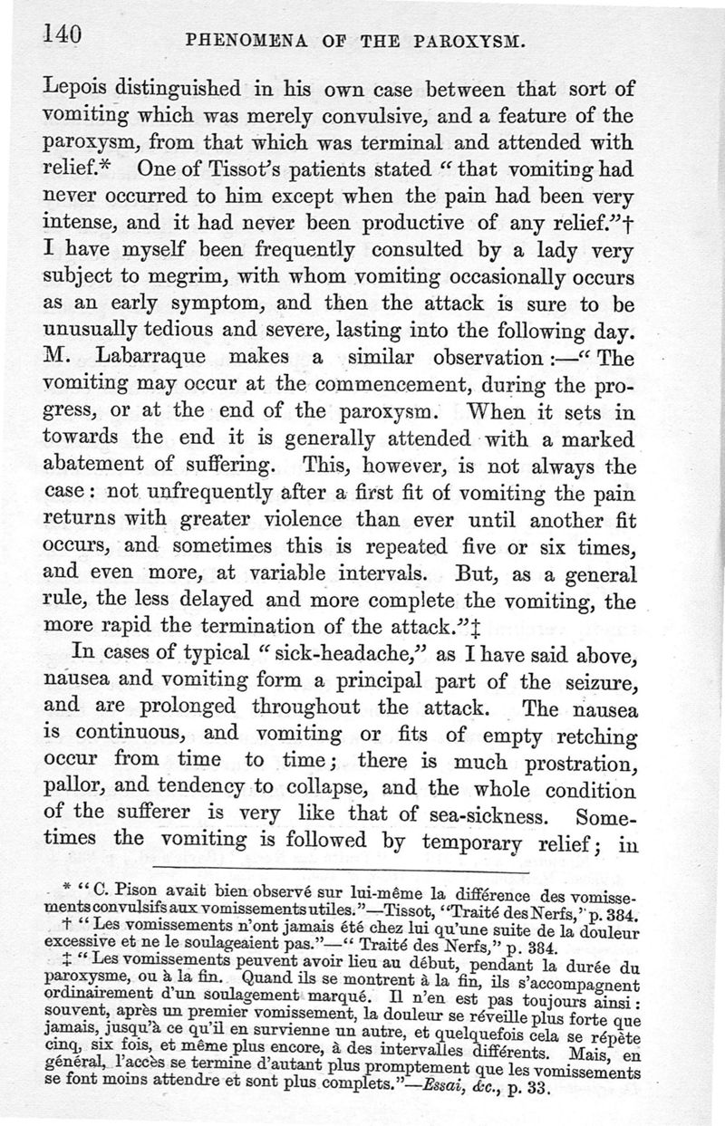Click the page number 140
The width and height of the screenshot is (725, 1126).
[x=61, y=36]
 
